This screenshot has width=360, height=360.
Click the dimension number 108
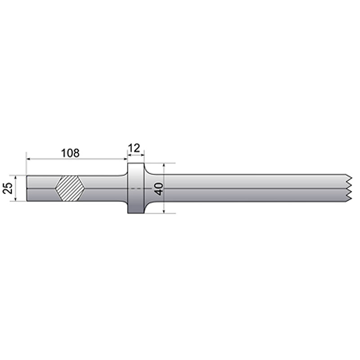[70, 153]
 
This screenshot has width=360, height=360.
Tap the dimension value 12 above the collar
[134, 147]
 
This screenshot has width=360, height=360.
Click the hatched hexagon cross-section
[70, 188]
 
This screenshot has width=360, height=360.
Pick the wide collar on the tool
[136, 188]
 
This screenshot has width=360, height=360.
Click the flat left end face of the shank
[27, 188]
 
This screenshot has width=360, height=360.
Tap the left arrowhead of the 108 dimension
[29, 159]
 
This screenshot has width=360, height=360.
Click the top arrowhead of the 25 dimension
[15, 177]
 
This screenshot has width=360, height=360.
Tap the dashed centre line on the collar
[135, 188]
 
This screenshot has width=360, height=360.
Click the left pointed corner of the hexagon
[55, 188]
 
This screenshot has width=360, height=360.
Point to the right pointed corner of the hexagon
[85, 188]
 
